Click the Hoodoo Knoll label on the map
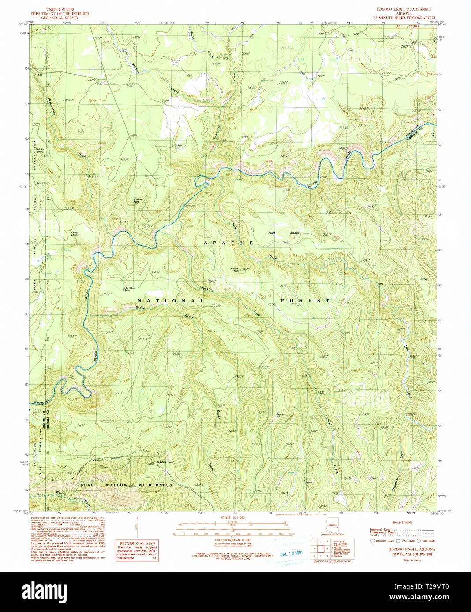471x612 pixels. [x=235, y=269]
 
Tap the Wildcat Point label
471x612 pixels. [x=138, y=200]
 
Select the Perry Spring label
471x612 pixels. [x=75, y=234]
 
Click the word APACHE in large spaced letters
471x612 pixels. [x=228, y=243]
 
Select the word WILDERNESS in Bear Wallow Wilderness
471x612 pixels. [x=155, y=485]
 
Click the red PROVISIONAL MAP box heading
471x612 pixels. [x=137, y=544]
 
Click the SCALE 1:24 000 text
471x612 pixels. [x=232, y=518]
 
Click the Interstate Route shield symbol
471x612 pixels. [x=373, y=541]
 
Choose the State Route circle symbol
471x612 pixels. [x=419, y=541]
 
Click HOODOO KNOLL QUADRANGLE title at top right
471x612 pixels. [x=404, y=9]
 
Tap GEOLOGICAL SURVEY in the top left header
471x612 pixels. [x=60, y=18]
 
